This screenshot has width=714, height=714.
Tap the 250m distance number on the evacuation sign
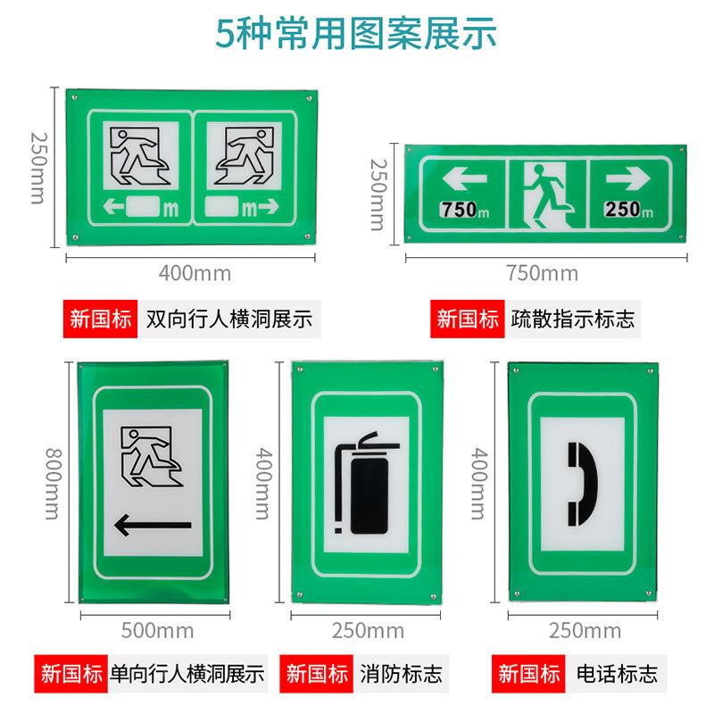(628, 210)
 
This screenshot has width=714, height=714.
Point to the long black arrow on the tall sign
(153, 526)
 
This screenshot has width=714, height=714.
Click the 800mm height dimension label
(47, 486)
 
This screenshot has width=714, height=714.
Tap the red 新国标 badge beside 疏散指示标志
(468, 319)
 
